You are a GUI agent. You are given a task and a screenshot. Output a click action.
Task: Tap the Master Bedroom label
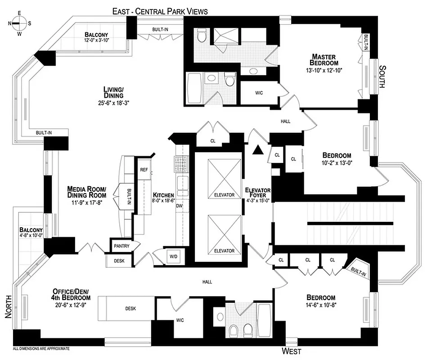tap(327, 60)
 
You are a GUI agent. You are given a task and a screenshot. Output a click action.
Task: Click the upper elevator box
tap(225, 178)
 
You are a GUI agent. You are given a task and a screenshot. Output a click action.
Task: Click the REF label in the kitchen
tap(144, 170)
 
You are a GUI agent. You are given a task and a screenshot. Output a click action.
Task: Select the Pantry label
tap(121, 246)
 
